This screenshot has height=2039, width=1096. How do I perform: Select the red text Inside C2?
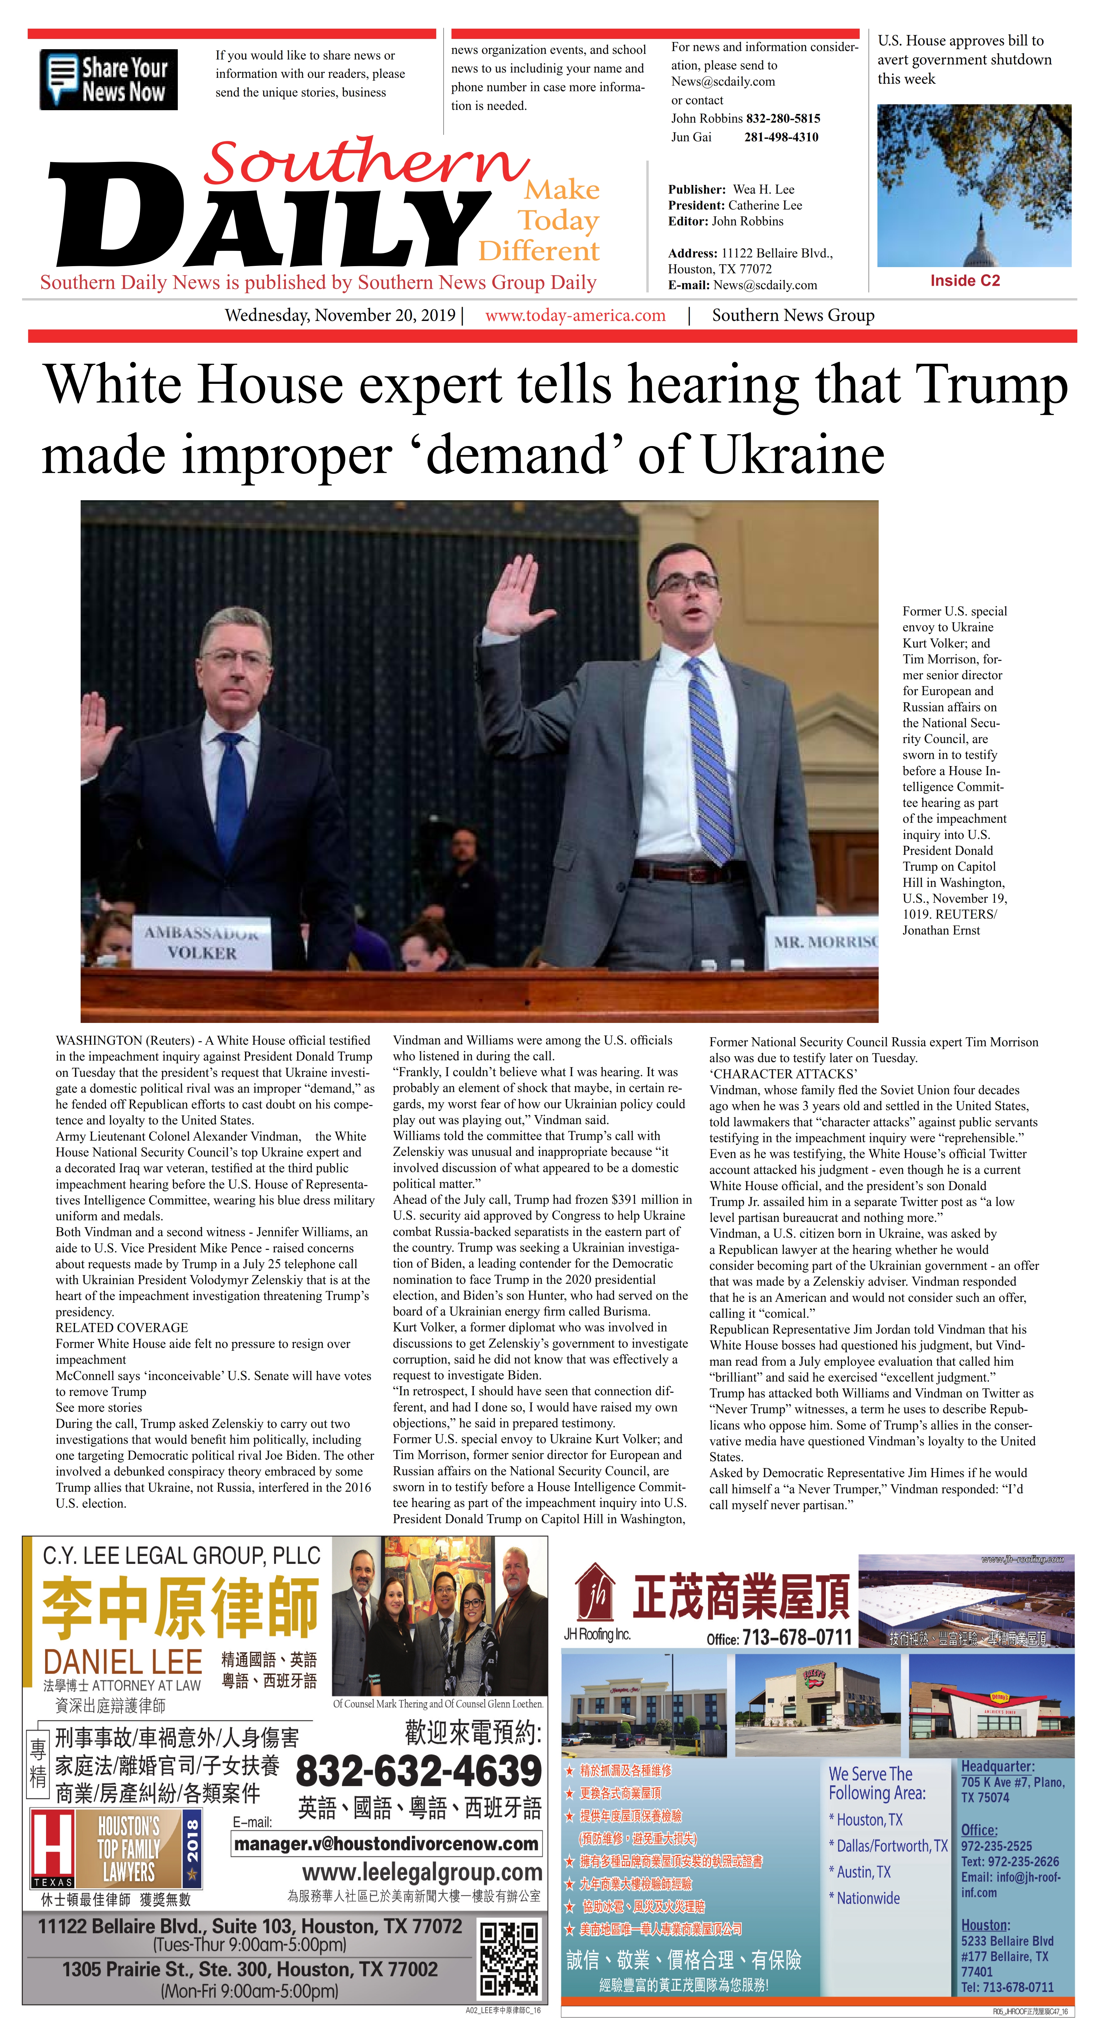tap(965, 281)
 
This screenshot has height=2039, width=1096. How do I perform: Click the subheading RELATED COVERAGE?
tap(122, 1327)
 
